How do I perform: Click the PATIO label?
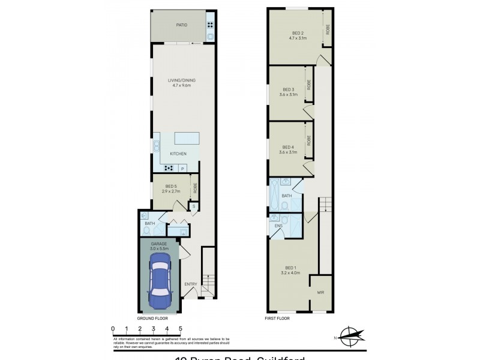(x=181, y=25)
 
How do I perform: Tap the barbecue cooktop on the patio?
(x=211, y=25)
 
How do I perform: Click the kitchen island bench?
(x=187, y=139)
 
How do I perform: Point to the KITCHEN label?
(x=178, y=154)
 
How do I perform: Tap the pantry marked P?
(x=182, y=169)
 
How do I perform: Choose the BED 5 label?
(x=170, y=186)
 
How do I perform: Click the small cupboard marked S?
(x=193, y=206)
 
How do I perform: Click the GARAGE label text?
(x=159, y=244)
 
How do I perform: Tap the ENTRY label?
(x=190, y=284)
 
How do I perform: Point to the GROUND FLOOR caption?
(x=152, y=319)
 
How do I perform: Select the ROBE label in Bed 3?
(x=309, y=85)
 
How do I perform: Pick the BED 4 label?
(x=289, y=147)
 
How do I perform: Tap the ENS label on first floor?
(x=278, y=227)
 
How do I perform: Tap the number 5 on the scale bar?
(x=181, y=328)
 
